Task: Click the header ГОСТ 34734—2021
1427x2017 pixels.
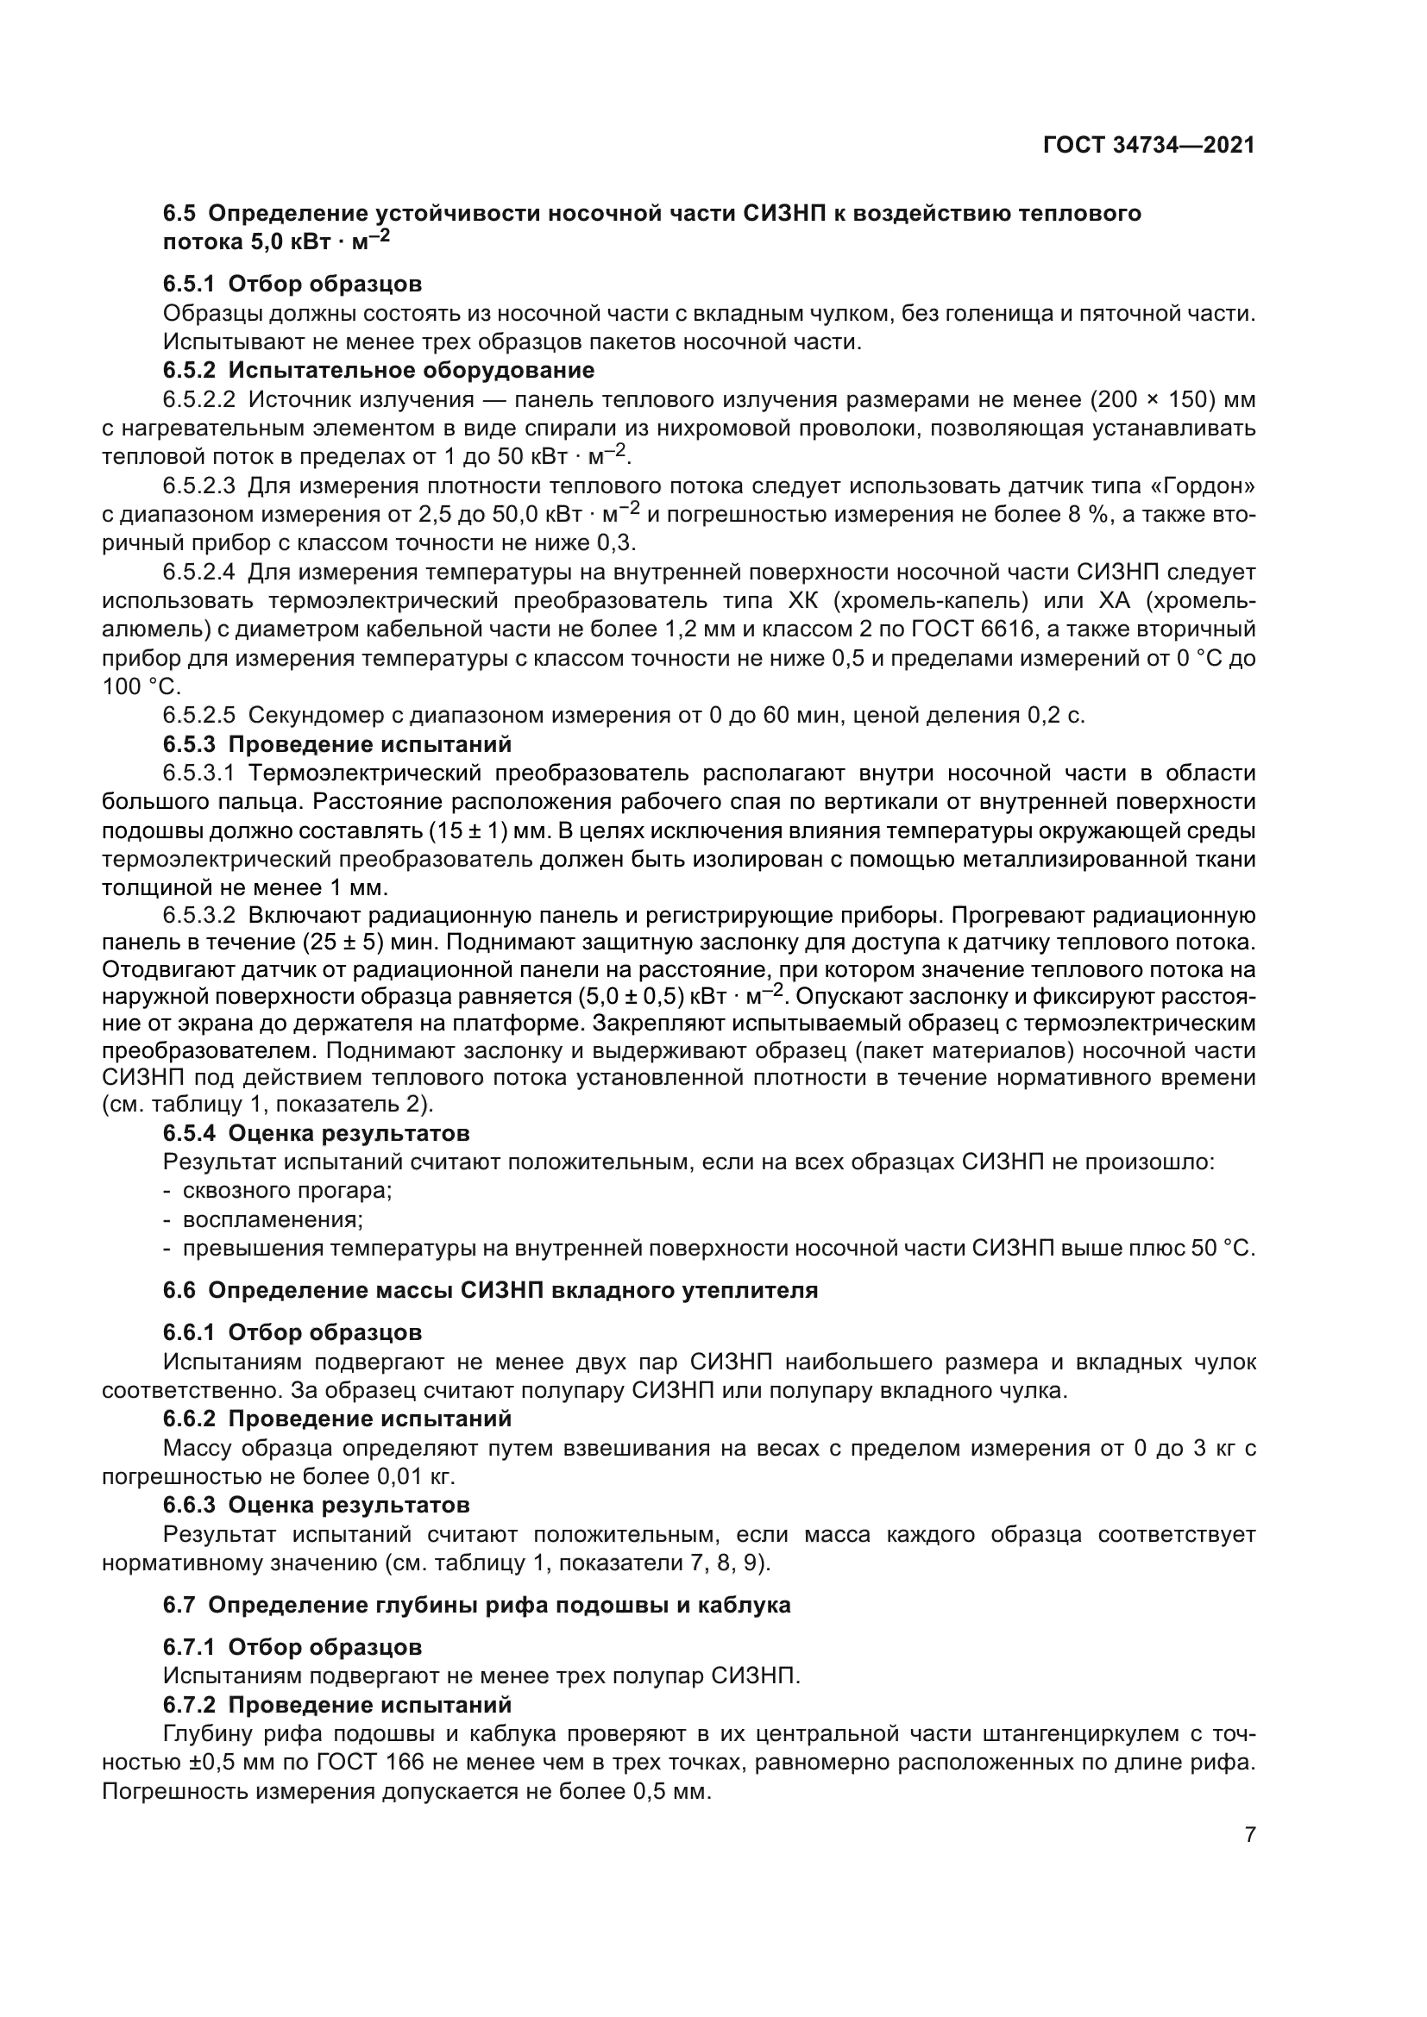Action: [x=1148, y=146]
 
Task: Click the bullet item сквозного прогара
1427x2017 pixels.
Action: [x=286, y=1191]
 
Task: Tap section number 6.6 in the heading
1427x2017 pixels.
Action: [x=180, y=1291]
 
